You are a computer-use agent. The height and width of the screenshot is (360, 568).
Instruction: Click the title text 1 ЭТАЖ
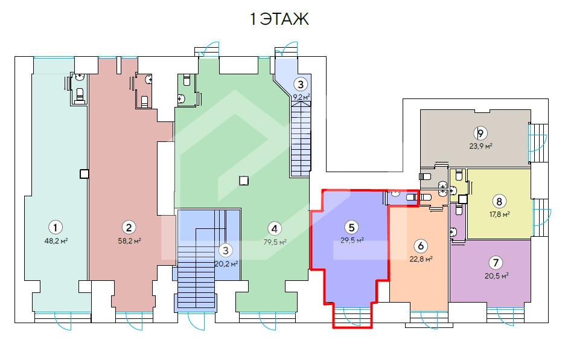(x=279, y=19)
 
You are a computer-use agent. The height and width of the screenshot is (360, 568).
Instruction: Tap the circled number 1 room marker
(x=56, y=228)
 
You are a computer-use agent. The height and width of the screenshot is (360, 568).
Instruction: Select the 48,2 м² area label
(x=57, y=240)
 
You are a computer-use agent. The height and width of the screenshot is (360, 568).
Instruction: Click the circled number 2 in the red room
(x=129, y=228)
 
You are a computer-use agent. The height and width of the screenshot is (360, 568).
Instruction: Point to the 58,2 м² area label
(x=129, y=240)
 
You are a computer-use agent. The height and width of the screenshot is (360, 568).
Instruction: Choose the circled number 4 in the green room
(x=275, y=229)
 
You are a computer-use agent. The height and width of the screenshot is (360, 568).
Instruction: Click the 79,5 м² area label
(x=275, y=242)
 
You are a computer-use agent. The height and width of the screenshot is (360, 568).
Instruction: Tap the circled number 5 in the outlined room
(x=351, y=227)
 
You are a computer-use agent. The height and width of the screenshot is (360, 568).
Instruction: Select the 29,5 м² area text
(x=352, y=240)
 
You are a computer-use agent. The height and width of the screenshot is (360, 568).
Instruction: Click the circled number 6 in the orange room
(x=421, y=246)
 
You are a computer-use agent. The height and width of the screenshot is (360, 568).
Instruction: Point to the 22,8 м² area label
(x=421, y=259)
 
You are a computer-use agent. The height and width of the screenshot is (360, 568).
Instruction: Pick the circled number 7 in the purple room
(x=496, y=263)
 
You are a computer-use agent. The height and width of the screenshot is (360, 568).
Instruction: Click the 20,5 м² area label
(x=497, y=276)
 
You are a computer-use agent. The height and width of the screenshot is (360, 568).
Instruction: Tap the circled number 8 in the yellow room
(x=499, y=201)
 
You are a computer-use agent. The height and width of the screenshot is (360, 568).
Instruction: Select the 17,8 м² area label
(x=500, y=214)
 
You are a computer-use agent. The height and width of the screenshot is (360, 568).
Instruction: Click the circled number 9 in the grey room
(x=480, y=133)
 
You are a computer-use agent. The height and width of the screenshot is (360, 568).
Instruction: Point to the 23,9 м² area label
(x=480, y=146)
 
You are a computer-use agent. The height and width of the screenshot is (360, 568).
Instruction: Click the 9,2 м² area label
(x=301, y=97)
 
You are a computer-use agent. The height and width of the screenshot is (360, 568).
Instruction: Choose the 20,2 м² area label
(x=226, y=264)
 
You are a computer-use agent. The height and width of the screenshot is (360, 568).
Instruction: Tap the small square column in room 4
(x=244, y=180)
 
